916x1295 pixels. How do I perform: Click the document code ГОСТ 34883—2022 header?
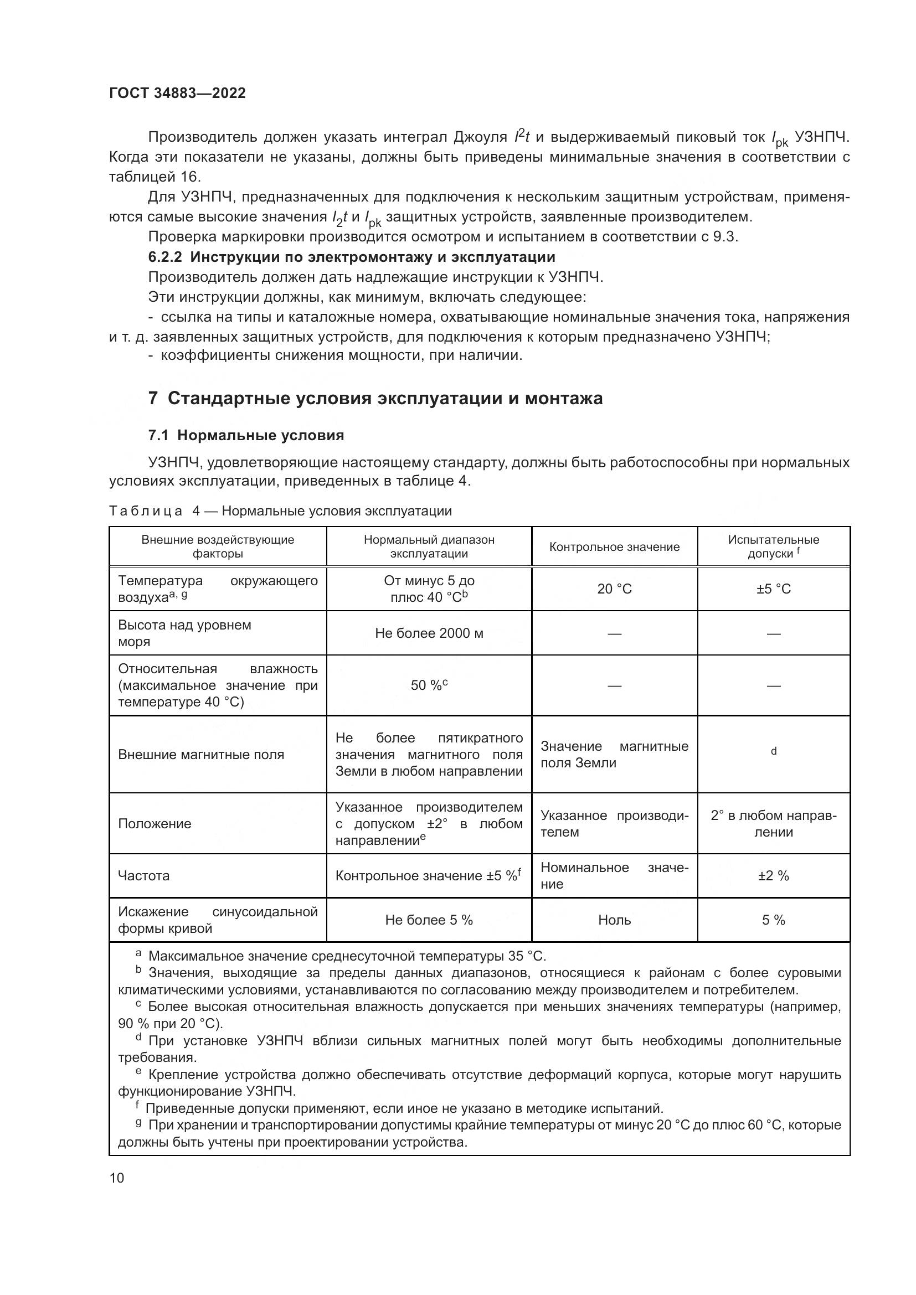(177, 93)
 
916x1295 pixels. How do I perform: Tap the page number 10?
(117, 1177)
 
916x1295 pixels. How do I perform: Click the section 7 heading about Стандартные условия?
(375, 398)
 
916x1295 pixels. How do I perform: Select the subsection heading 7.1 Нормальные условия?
(246, 435)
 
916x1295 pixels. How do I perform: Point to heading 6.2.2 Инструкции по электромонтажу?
(352, 257)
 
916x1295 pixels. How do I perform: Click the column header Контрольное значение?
(614, 546)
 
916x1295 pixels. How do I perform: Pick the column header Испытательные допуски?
(773, 546)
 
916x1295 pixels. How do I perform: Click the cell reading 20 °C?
(614, 589)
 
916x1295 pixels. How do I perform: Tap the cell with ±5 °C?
(773, 589)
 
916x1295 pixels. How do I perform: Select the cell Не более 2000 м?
(429, 633)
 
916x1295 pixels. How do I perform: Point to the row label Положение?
(155, 823)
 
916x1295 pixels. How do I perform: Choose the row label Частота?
(143, 875)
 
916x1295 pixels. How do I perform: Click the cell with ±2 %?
(773, 875)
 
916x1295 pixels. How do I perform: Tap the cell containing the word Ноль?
(614, 920)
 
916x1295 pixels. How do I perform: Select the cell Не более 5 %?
(429, 920)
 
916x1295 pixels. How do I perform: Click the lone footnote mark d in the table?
(774, 751)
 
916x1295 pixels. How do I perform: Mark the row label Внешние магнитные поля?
(201, 755)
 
